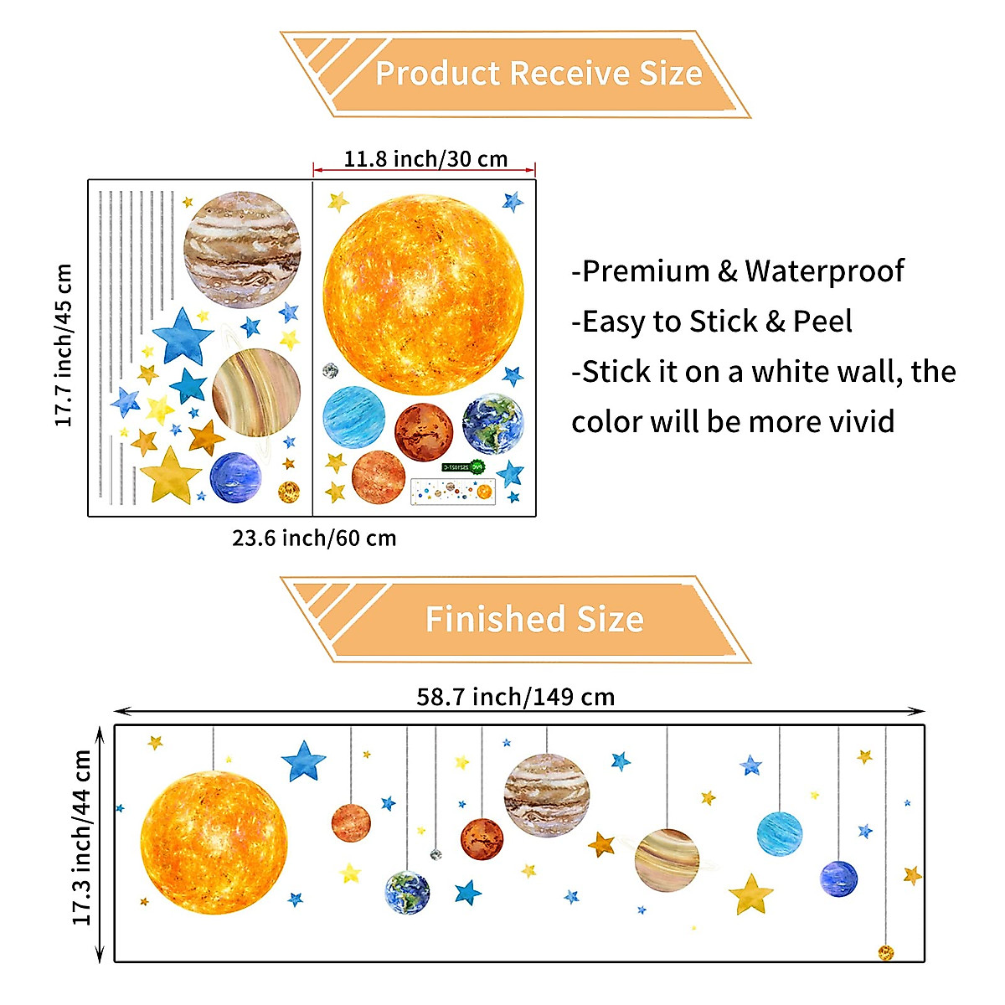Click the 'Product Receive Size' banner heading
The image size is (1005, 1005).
click(x=538, y=74)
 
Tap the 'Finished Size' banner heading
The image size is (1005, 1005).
click(x=534, y=620)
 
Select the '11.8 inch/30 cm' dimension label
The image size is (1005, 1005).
click(x=425, y=158)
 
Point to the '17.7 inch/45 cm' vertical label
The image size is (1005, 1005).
click(x=64, y=345)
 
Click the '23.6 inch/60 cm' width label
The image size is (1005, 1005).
click(x=314, y=538)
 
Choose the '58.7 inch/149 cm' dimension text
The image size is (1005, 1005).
click(x=515, y=697)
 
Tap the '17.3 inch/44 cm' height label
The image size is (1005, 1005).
click(x=82, y=837)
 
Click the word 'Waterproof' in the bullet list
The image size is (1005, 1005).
click(x=824, y=271)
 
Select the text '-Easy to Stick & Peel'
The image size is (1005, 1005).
click(x=712, y=321)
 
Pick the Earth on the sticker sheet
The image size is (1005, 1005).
click(x=492, y=424)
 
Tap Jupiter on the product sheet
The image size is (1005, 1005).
click(x=242, y=244)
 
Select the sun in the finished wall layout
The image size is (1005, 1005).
click(x=214, y=843)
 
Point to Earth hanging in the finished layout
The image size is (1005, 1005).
click(x=407, y=893)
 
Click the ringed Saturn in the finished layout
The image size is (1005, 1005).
click(x=667, y=860)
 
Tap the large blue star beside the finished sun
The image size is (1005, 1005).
click(x=303, y=760)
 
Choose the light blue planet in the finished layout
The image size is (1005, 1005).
click(x=780, y=833)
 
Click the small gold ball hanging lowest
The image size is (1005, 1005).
click(x=885, y=952)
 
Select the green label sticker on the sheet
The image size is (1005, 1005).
click(x=463, y=466)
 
